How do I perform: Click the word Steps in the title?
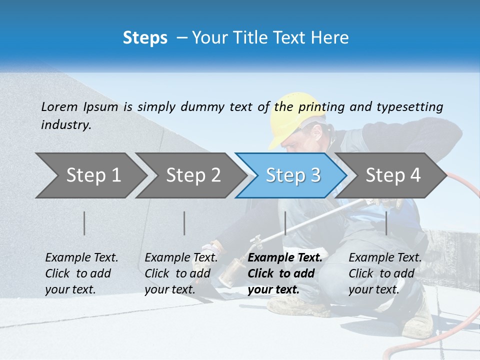(145, 38)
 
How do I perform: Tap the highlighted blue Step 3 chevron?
(292, 175)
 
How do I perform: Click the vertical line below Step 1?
(84, 223)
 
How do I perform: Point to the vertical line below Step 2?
(184, 223)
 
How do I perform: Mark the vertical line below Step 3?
(285, 223)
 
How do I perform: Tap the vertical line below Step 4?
(386, 223)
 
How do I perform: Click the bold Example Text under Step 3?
(285, 258)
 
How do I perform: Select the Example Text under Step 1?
(81, 258)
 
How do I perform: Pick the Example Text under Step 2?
(181, 258)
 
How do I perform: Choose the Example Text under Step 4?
(385, 258)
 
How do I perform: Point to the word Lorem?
(59, 106)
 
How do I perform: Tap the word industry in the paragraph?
(66, 125)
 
